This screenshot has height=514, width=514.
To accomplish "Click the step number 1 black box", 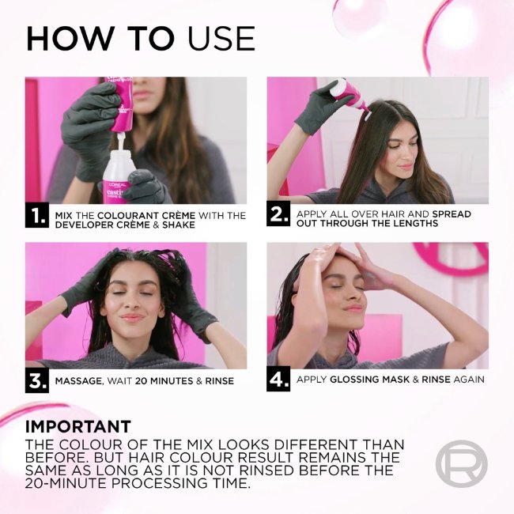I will coord(37,215).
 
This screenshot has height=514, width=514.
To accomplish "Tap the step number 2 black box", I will coord(278,215).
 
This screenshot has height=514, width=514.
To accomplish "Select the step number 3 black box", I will coord(37,380).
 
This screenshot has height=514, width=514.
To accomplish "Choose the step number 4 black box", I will coord(278,380).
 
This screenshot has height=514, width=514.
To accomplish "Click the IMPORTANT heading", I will coord(78,427).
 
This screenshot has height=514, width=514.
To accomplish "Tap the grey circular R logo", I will coord(461,463).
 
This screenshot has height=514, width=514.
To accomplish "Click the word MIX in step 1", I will coord(63,215).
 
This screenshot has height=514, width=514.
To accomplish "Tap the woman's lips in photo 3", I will coord(132,318).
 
